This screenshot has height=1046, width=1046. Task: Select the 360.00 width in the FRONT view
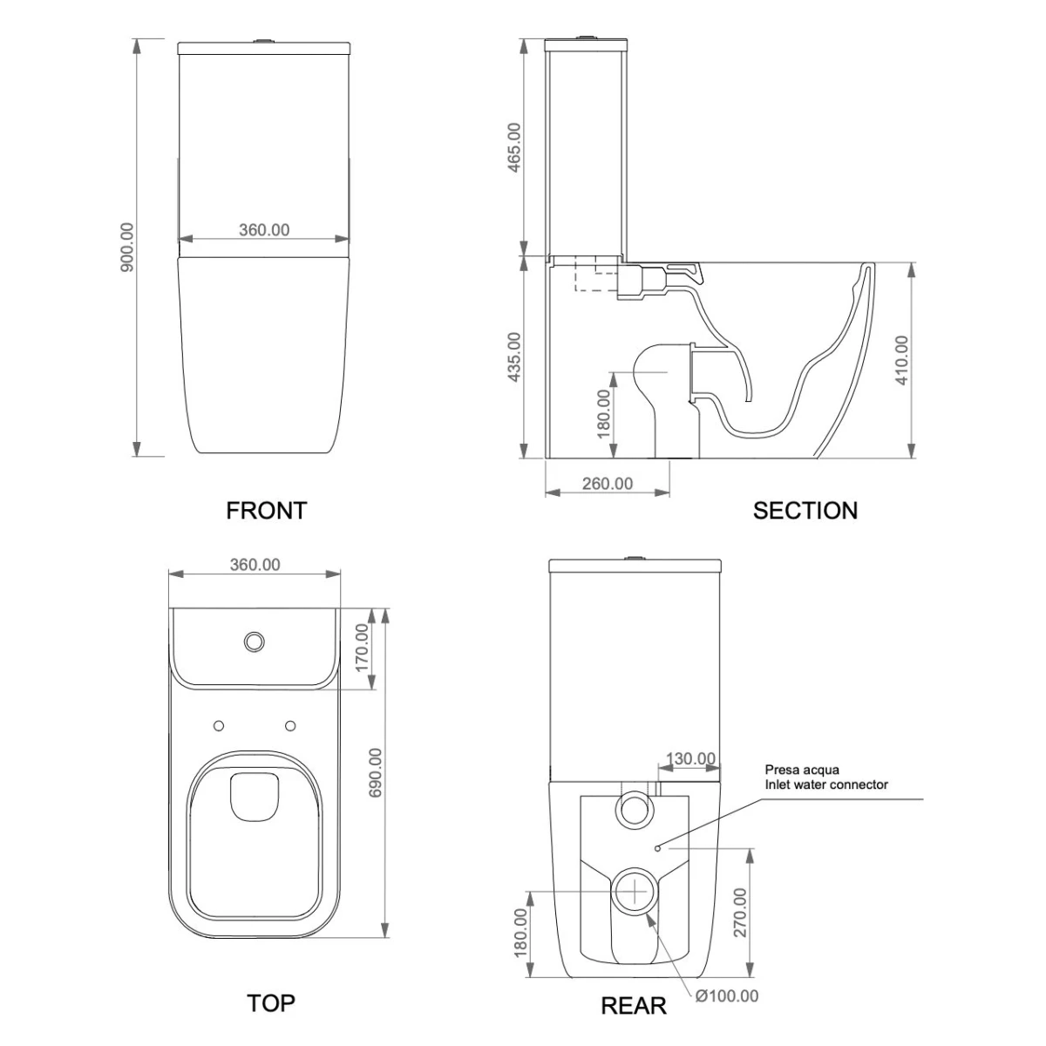point(264,230)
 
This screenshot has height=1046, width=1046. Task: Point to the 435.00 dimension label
point(513,357)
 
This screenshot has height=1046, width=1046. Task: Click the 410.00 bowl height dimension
point(901,359)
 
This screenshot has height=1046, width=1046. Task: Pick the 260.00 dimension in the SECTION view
point(608,483)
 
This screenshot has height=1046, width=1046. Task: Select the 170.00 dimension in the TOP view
point(363,645)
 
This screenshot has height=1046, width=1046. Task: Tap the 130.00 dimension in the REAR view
point(691,758)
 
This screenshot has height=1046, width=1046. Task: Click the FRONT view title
point(267,510)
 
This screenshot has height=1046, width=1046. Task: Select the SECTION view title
point(805,510)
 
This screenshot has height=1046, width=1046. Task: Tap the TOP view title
point(271,1003)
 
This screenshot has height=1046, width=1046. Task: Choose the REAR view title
point(633,1006)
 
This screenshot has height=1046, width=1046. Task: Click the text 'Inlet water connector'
point(826,784)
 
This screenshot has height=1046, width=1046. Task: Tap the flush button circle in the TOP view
point(255,641)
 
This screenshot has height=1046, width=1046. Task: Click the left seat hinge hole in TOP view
point(218,725)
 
